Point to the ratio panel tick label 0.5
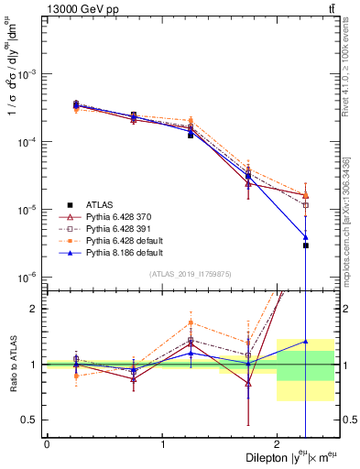pos(31,420)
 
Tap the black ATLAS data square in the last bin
pos(306,245)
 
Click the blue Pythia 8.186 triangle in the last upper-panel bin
pos(306,237)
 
